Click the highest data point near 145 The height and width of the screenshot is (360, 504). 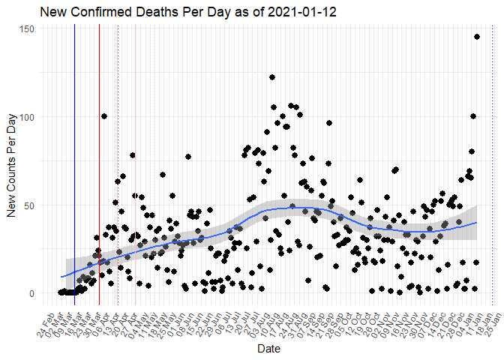click(x=477, y=37)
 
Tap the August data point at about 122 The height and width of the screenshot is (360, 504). click(x=272, y=77)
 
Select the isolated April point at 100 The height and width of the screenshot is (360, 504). click(x=104, y=116)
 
